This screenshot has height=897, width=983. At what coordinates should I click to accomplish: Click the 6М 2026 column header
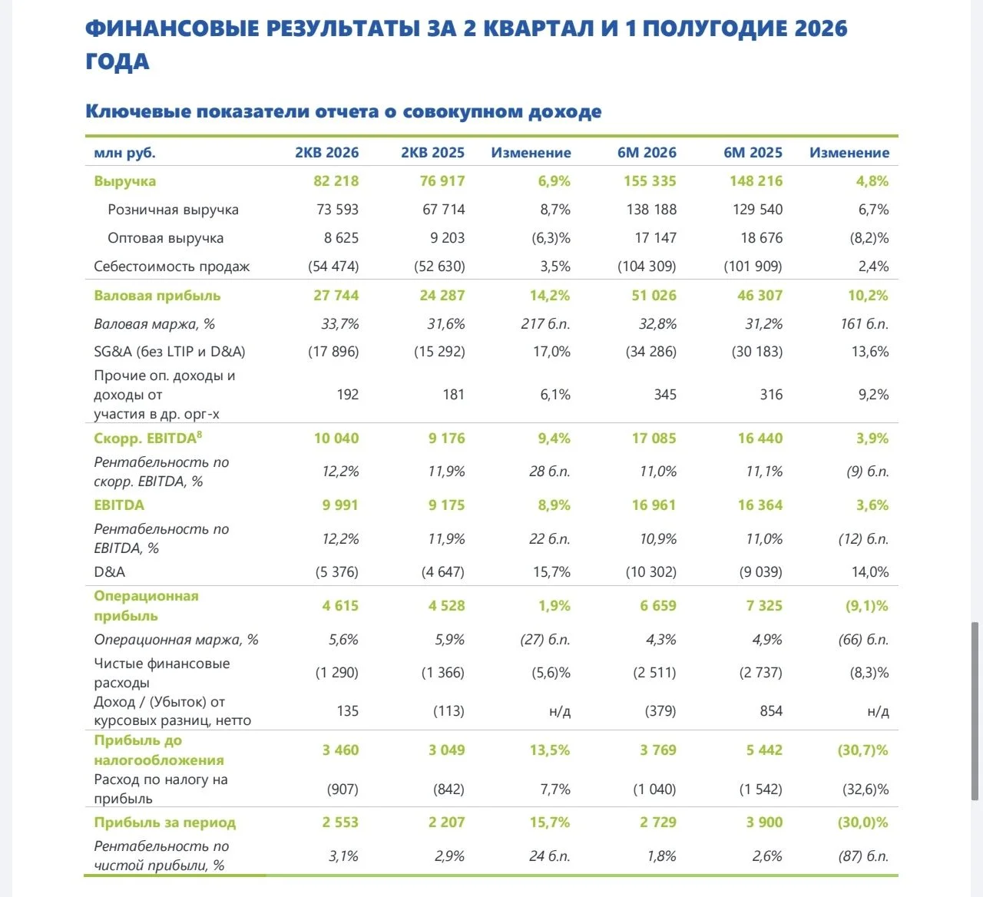tap(647, 152)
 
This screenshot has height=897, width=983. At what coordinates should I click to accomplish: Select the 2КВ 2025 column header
tap(432, 152)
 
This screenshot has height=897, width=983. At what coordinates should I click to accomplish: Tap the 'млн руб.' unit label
tap(124, 153)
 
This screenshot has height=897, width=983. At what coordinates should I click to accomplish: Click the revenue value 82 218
tap(336, 181)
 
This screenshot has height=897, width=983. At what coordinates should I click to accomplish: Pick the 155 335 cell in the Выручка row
tap(650, 181)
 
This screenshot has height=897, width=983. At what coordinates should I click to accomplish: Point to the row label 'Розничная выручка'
tap(173, 210)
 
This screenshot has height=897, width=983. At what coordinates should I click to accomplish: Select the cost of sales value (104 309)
tap(647, 266)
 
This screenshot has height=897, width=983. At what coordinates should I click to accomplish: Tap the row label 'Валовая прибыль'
tap(157, 296)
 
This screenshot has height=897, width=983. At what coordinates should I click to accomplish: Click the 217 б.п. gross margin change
tap(545, 324)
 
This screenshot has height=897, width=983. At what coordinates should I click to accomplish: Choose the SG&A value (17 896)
tap(333, 352)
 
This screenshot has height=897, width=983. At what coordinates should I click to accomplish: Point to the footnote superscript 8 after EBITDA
tap(200, 434)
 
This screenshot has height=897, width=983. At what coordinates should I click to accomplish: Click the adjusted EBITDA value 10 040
tap(336, 439)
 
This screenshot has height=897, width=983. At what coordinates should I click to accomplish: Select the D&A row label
tap(109, 572)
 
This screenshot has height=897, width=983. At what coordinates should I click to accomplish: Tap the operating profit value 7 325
tap(764, 606)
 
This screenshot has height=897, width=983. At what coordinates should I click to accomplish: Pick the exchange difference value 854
tap(771, 710)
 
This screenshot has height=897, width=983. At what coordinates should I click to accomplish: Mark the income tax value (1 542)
tap(760, 789)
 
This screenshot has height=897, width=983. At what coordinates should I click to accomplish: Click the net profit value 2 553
tap(340, 822)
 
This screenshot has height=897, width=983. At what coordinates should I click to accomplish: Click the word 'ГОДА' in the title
tap(117, 61)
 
